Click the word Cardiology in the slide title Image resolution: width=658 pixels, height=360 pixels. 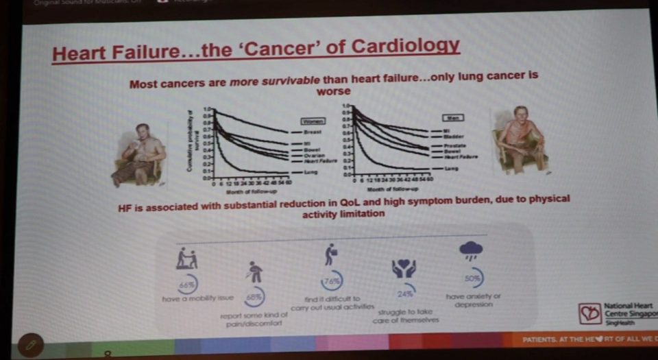coord(404,48)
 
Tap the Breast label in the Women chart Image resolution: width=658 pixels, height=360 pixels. coord(313,130)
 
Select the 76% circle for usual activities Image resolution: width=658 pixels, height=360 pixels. coord(332,281)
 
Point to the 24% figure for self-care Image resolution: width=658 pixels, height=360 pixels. coord(404,294)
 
